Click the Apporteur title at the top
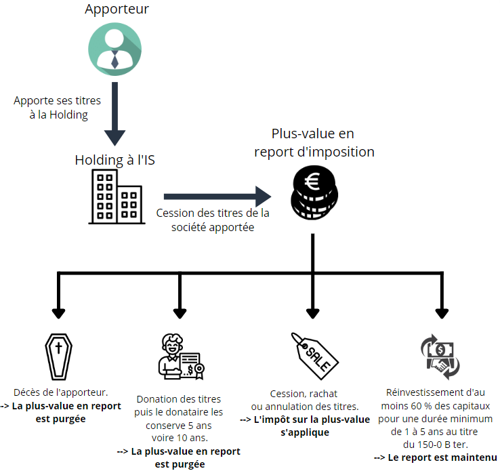(117, 9)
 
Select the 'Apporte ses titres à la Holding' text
(58, 108)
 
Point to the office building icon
(115, 197)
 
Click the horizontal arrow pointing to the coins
(216, 197)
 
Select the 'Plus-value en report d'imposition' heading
(314, 142)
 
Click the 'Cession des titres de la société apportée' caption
(212, 220)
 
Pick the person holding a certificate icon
(180, 356)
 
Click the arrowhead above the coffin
(58, 312)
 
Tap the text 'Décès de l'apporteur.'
(61, 393)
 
